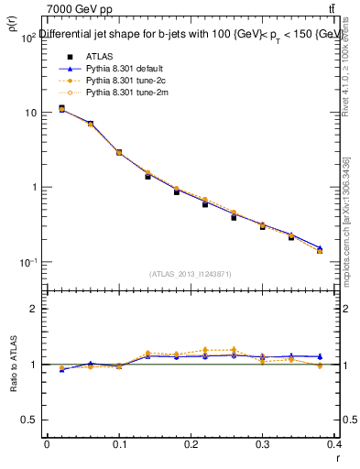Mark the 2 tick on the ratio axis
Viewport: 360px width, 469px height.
(x=35, y=309)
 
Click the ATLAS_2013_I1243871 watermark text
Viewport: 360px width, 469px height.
(x=190, y=274)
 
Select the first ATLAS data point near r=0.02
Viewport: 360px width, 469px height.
(x=61, y=108)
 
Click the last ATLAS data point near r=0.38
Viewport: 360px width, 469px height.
(x=320, y=250)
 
